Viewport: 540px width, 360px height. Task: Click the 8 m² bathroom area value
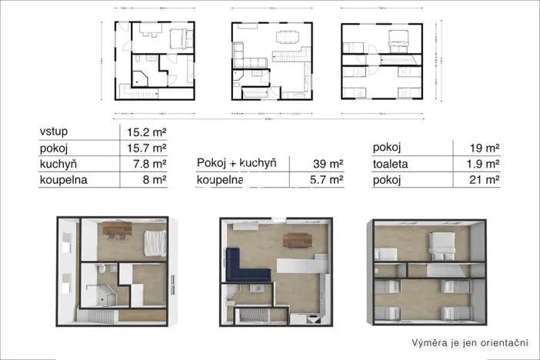[155, 181]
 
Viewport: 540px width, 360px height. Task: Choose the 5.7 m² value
[326, 181]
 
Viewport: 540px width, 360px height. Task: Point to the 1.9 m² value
[484, 164]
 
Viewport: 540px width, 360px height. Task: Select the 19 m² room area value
[486, 148]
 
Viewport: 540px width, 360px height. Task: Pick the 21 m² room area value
[486, 181]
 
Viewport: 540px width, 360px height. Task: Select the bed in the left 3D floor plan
[154, 242]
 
